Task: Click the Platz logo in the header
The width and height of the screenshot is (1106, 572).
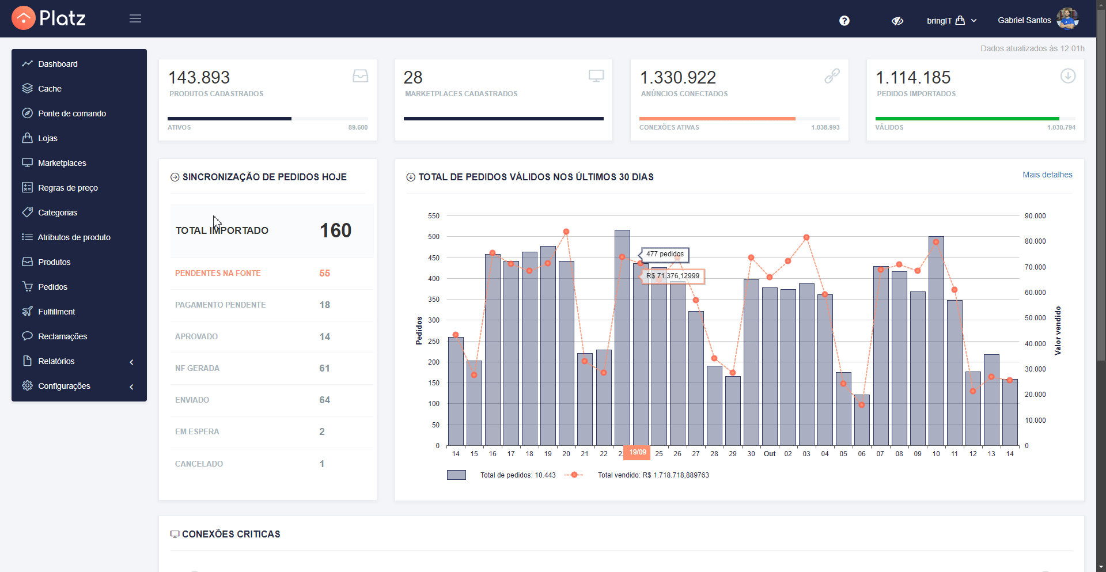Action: [x=49, y=18]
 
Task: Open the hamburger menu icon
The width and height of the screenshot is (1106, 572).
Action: [x=135, y=18]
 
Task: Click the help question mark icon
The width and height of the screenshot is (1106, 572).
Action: [x=844, y=21]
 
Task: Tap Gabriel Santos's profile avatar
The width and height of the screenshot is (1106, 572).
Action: [x=1067, y=19]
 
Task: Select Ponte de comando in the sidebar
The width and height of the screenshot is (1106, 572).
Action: [x=72, y=113]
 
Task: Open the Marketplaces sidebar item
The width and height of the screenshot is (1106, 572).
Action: [x=62, y=163]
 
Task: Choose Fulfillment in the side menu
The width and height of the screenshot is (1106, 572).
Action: [x=56, y=312]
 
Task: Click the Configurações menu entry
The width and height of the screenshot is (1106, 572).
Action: [x=64, y=386]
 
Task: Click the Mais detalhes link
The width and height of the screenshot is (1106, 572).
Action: [x=1047, y=175]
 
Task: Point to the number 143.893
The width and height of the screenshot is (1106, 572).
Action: [x=199, y=77]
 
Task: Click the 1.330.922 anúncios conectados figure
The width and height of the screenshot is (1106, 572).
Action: [x=678, y=77]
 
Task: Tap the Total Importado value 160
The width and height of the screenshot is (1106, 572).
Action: [x=335, y=230]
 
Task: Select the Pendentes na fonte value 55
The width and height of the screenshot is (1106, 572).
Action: [x=325, y=273]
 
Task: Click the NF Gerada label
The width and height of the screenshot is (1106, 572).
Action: [x=197, y=368]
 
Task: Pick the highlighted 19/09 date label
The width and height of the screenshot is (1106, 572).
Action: [x=637, y=452]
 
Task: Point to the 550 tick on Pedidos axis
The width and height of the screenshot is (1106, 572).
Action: [x=434, y=216]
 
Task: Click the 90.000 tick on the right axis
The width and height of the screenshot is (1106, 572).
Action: [x=1035, y=216]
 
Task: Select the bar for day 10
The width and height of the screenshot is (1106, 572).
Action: [x=936, y=341]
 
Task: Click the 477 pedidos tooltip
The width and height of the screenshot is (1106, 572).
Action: [x=665, y=254]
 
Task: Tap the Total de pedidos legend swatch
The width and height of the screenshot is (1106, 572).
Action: [x=456, y=475]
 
